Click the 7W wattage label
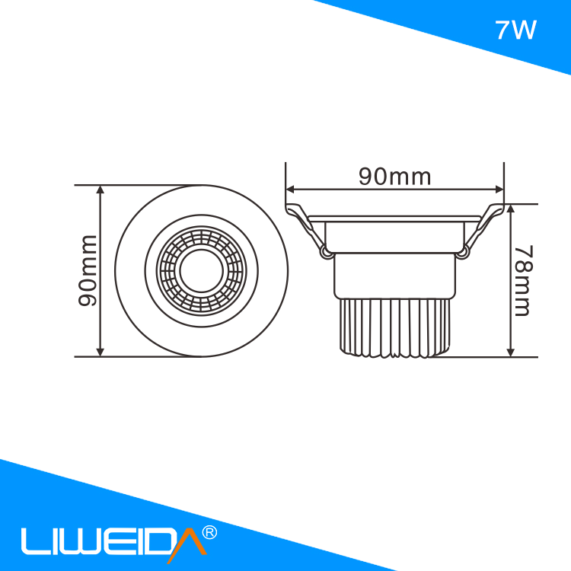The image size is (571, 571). (x=515, y=30)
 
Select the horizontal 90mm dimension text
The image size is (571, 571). (x=394, y=177)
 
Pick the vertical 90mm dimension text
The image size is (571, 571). (x=88, y=270)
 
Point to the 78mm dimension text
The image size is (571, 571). (x=522, y=280)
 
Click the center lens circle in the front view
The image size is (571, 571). (x=201, y=270)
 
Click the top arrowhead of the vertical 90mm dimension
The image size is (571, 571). (x=100, y=190)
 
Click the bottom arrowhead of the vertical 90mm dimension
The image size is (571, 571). (x=100, y=351)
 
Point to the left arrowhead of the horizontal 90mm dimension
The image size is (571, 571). (x=290, y=189)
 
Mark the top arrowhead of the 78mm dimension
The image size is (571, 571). (x=511, y=209)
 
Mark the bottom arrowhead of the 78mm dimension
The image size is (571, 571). (x=511, y=351)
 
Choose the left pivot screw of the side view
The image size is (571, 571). (x=327, y=251)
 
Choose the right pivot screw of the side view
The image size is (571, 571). (x=463, y=250)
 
